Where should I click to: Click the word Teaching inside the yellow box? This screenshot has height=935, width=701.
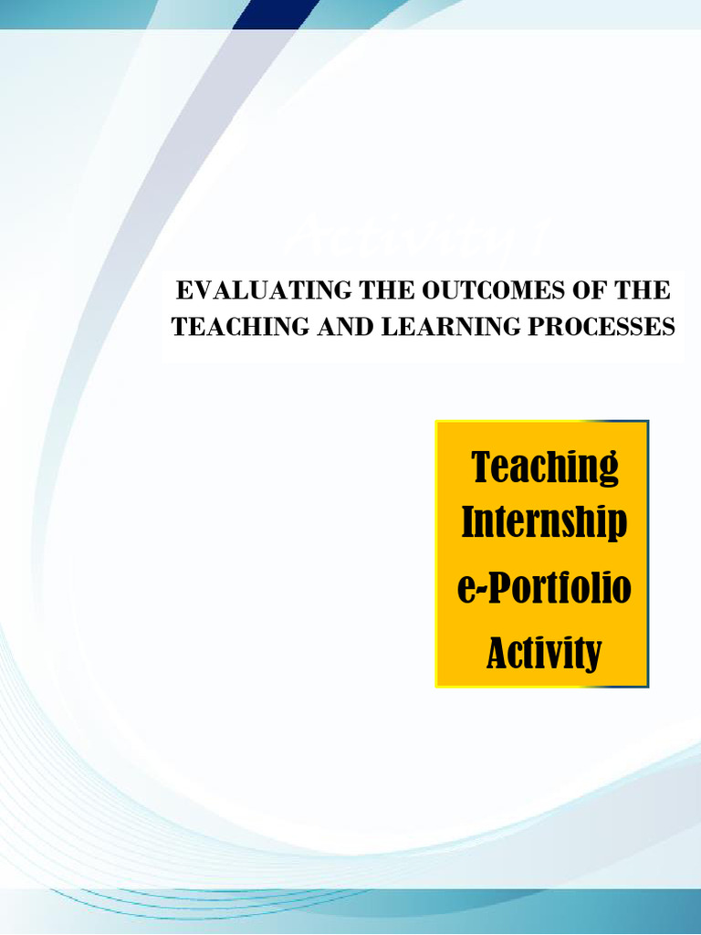pos(545,467)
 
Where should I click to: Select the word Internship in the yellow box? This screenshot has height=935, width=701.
pos(544,522)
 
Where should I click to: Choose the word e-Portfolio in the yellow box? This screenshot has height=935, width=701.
pos(544,589)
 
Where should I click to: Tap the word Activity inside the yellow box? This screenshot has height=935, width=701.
pos(544,652)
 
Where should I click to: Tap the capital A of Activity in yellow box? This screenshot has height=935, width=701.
pos(497,652)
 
